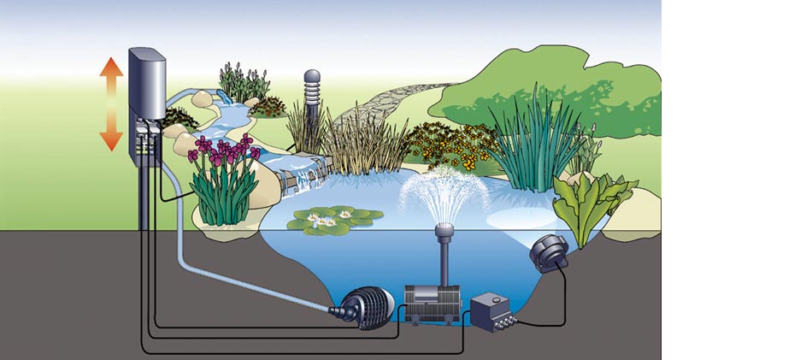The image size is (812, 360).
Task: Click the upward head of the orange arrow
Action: (x=112, y=68)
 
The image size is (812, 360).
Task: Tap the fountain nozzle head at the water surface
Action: (x=443, y=230)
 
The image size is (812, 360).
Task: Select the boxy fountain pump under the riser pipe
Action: (x=432, y=300)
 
